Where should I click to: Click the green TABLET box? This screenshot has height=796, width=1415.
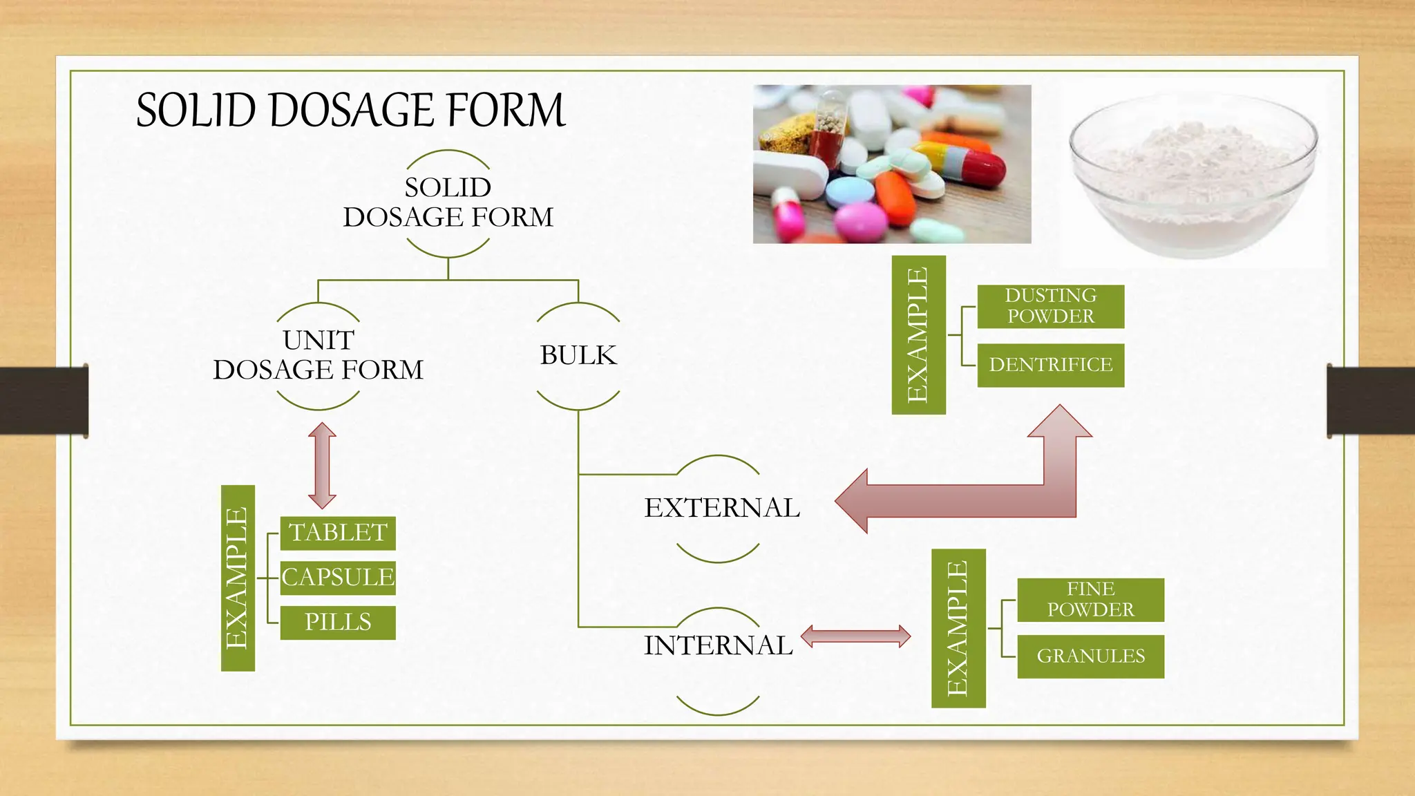[x=338, y=533]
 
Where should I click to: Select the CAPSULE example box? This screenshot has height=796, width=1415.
[x=338, y=578]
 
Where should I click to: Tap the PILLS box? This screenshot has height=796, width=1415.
[x=338, y=622]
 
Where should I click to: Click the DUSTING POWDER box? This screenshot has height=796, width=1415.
[x=1050, y=306]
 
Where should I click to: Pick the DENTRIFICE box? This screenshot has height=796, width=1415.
[x=1050, y=365]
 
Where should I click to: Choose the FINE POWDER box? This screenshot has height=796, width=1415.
[x=1090, y=600]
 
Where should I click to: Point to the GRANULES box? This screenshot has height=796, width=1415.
[x=1090, y=656]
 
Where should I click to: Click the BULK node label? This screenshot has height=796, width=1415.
[x=578, y=356]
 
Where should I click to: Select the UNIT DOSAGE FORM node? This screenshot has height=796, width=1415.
[x=318, y=356]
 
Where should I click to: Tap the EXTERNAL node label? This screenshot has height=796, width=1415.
[x=721, y=508]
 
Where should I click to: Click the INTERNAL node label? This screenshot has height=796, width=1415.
[x=718, y=646]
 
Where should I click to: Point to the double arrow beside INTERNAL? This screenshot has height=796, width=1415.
[x=855, y=636]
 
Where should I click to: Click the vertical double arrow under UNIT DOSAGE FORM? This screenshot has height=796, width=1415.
[x=322, y=466]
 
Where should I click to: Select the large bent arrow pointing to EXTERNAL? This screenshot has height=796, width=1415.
[x=967, y=500]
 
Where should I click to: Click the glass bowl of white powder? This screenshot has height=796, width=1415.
[x=1193, y=176]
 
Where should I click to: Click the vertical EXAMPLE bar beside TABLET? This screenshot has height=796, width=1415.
[x=238, y=578]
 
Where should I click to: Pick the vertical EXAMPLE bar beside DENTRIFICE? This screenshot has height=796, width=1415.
[x=918, y=335]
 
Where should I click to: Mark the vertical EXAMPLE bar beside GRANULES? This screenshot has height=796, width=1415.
[x=958, y=628]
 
